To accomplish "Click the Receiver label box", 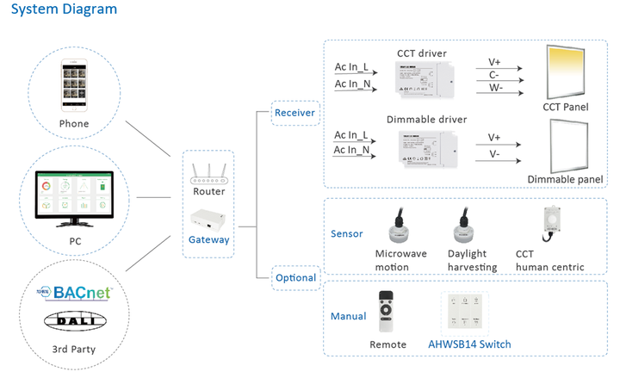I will coord(294,113).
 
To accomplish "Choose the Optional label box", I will coord(294,277).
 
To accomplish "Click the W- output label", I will coord(494,88).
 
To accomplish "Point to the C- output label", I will coord(494,75).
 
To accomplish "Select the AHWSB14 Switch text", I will coord(469,344).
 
